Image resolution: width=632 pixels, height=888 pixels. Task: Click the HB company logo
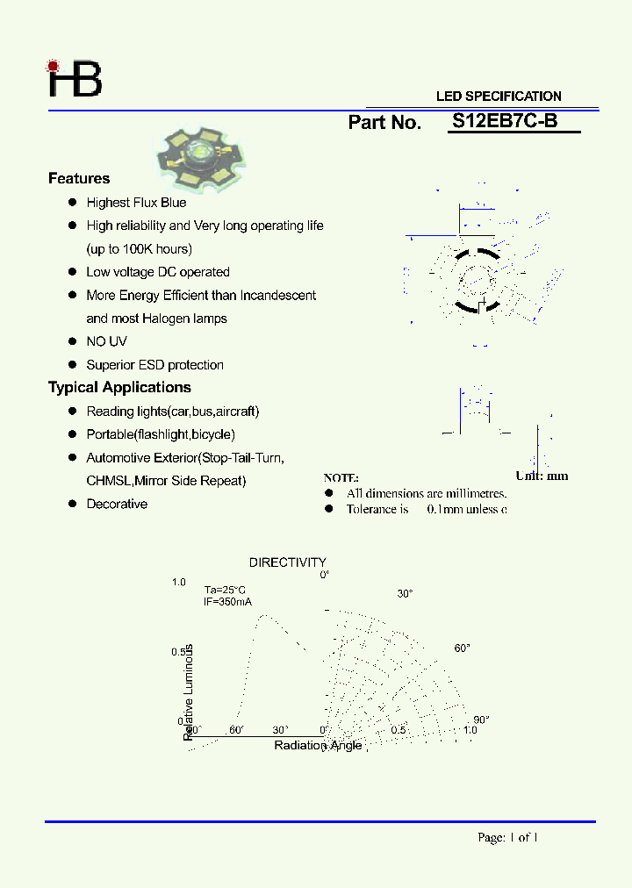[x=75, y=79]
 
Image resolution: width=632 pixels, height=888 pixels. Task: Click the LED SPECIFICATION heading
[x=499, y=97]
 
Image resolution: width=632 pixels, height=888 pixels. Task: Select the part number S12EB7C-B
[x=505, y=122]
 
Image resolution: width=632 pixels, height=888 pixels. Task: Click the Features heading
[x=79, y=179]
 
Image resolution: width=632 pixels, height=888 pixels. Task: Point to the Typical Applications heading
[x=119, y=388]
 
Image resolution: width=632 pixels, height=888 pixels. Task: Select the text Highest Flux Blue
[x=136, y=203]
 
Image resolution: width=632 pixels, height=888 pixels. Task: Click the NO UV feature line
[x=106, y=341]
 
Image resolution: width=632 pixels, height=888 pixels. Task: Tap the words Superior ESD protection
[x=154, y=365]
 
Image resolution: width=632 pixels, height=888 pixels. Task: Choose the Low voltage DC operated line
[x=158, y=272]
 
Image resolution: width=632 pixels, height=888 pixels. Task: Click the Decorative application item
[x=117, y=505]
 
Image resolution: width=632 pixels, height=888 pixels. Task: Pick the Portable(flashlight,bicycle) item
[x=161, y=434]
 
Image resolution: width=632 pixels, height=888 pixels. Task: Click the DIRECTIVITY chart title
[x=287, y=562]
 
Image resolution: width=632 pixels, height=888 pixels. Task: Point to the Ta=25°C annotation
[x=225, y=591]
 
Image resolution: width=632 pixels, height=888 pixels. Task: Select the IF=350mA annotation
[x=227, y=602]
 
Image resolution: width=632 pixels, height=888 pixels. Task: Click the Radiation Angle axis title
[x=318, y=746]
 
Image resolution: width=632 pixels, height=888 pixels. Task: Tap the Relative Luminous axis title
[x=189, y=691]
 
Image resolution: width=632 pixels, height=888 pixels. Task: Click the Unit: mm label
[x=542, y=476]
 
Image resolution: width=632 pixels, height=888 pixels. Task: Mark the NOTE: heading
[x=341, y=478]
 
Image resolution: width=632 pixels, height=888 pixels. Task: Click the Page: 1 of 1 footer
[x=507, y=838]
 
